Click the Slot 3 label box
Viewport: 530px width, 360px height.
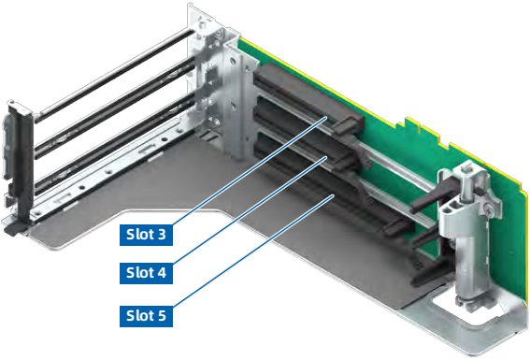(x=146, y=235)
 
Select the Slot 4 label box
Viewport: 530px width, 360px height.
(x=146, y=273)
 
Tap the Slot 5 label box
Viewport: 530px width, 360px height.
(x=146, y=316)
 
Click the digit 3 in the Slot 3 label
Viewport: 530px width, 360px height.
(x=161, y=235)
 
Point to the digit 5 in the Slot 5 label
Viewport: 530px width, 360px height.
(x=161, y=316)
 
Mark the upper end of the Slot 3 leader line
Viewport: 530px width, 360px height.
(x=326, y=117)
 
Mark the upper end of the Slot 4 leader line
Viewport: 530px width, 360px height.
(x=326, y=157)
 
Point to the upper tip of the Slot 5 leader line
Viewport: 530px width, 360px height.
(x=334, y=195)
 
